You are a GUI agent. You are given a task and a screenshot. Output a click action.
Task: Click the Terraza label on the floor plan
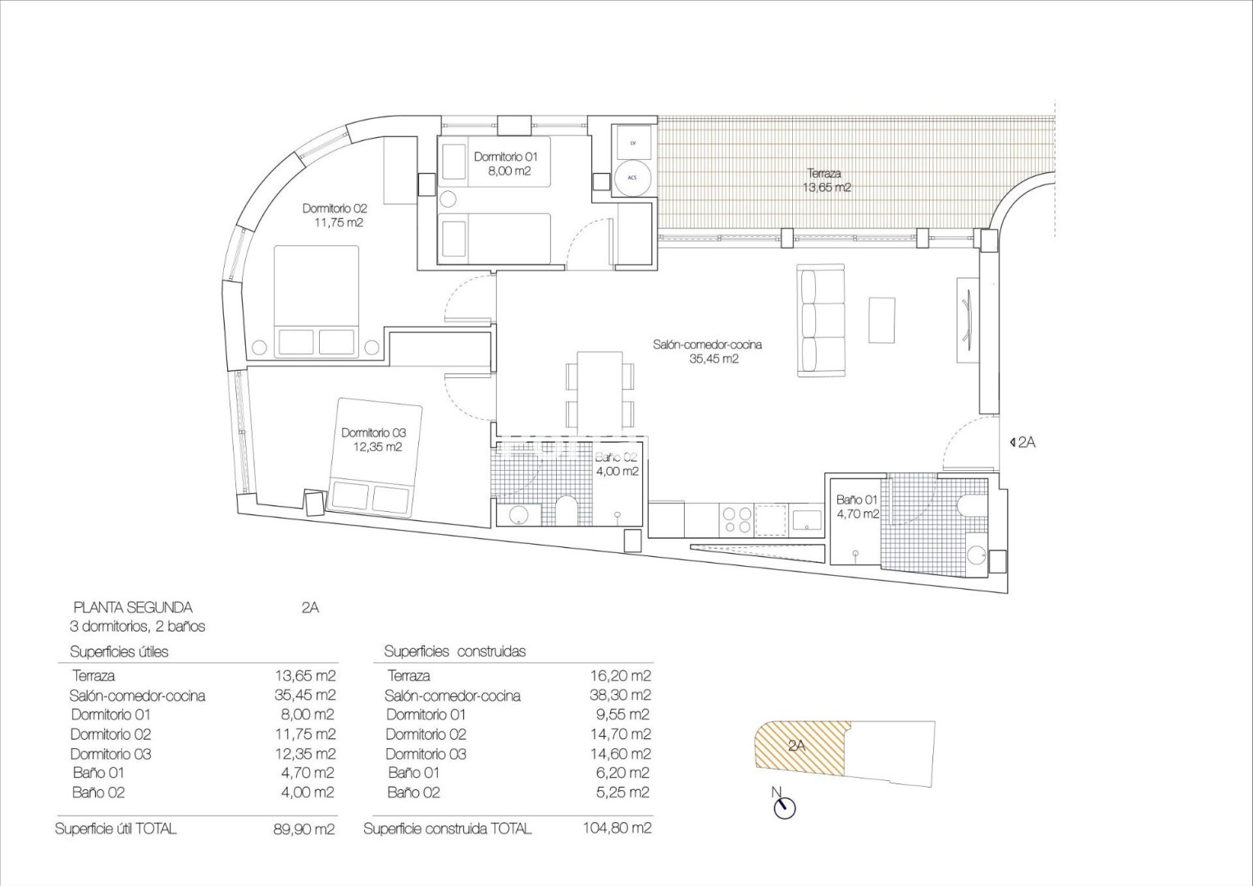coord(824,174)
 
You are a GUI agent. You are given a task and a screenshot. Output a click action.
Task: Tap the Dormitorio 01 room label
coord(506,158)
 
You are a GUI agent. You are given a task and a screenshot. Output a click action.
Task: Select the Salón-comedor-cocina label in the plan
coord(707,345)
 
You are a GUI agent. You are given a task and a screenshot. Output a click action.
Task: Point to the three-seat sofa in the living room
coord(821,322)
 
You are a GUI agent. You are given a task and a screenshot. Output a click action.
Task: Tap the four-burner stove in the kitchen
coord(736,520)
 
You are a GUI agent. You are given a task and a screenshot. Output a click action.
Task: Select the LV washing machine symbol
coord(633,144)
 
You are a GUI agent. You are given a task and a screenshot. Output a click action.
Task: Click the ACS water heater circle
coord(633,177)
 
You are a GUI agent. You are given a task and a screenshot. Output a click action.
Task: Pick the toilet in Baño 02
coord(567,509)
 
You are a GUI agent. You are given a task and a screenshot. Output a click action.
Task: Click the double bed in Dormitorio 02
coord(316,301)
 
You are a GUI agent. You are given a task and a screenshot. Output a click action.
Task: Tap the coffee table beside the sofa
coord(882,320)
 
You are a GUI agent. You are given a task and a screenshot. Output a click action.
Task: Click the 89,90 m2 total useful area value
coord(304,829)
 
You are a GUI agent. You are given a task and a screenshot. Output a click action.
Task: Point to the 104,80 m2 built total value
coord(617,828)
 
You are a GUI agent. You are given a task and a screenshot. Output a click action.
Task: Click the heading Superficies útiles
coord(119,651)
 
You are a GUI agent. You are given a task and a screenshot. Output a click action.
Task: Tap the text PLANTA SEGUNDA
coord(133,607)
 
